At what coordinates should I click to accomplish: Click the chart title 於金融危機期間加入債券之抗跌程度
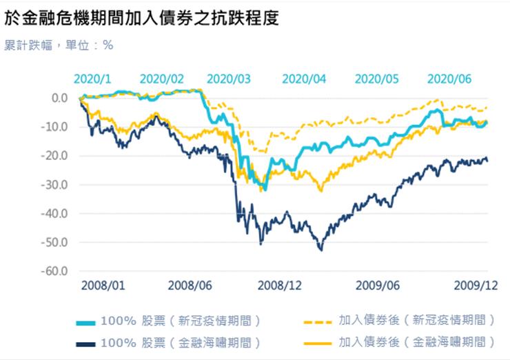[141, 17]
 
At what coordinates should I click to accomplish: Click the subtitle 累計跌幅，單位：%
[59, 46]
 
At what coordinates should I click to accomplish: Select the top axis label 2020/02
[162, 79]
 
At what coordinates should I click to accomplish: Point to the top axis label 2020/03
[229, 79]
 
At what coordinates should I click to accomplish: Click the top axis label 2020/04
[304, 79]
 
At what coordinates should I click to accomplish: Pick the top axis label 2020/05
[376, 79]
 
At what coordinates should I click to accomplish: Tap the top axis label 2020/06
[449, 79]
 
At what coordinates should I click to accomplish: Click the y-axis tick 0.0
[59, 98]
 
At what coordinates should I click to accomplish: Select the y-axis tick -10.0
[56, 127]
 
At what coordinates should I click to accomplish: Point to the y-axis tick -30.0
[56, 185]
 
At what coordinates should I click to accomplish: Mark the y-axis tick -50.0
[56, 242]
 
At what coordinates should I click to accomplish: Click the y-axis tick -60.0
[56, 271]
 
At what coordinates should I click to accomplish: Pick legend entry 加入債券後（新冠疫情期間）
[416, 321]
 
